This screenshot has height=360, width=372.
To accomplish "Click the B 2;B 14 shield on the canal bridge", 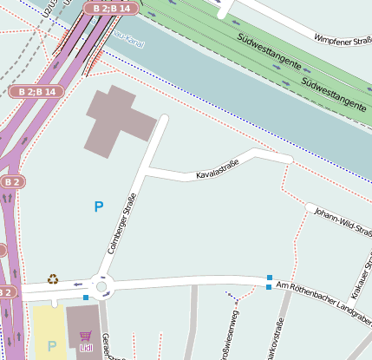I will pyautogui.click(x=110, y=8).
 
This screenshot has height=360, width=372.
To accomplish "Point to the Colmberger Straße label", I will pyautogui.click(x=122, y=223).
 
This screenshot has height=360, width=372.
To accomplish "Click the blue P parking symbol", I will pyautogui.click(x=99, y=206).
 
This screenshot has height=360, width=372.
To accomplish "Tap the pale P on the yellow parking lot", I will pyautogui.click(x=51, y=345).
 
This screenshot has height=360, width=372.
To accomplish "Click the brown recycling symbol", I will pyautogui.click(x=53, y=279).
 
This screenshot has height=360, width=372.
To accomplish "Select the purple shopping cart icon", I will pyautogui.click(x=85, y=336).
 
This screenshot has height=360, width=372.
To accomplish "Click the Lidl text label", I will pyautogui.click(x=85, y=348).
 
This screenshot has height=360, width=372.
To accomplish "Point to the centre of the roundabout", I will pyautogui.click(x=102, y=286).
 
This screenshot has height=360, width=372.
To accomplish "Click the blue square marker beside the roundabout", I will pyautogui.click(x=85, y=298).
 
